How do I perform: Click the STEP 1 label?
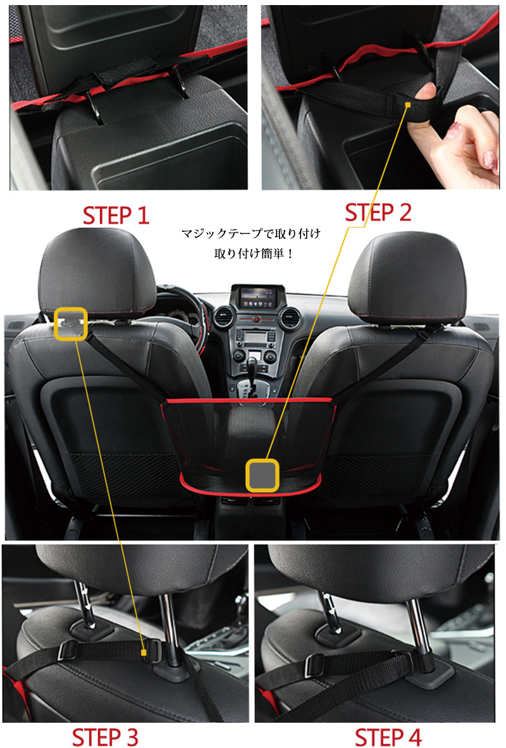(x=116, y=215)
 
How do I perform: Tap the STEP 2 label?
(x=378, y=212)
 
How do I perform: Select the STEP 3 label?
(x=105, y=737)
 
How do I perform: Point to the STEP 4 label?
(x=388, y=737)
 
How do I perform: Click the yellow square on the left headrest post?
(x=71, y=324)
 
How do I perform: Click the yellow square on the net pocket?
(x=262, y=475)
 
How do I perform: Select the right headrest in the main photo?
(x=407, y=275)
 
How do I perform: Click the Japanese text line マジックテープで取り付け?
(x=250, y=233)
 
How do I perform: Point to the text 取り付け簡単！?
(x=254, y=254)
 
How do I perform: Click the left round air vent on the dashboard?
(x=223, y=317)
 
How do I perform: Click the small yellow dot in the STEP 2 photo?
(x=408, y=105)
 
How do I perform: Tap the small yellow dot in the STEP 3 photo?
(x=144, y=653)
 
